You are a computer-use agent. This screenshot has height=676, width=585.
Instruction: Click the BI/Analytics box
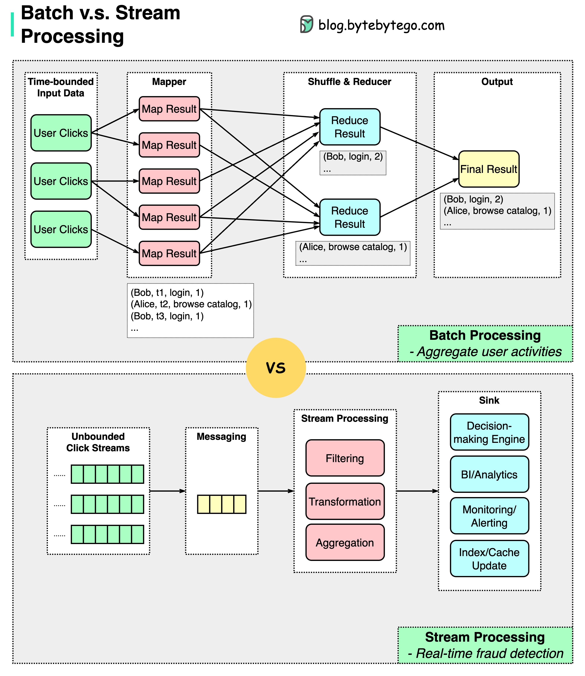[489, 474]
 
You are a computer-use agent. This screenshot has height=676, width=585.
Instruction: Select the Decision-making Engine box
[489, 432]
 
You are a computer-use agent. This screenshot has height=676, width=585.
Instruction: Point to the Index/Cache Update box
[489, 559]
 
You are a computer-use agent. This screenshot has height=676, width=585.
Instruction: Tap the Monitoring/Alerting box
[489, 516]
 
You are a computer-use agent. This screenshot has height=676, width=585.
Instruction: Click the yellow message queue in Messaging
[222, 504]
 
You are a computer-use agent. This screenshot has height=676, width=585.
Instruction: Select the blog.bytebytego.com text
[381, 25]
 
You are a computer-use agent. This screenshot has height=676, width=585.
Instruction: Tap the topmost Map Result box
[169, 109]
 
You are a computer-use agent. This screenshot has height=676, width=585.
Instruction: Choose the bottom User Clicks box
[61, 229]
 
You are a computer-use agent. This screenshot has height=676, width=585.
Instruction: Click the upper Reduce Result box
[350, 127]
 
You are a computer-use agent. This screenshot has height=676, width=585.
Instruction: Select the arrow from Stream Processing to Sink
[417, 491]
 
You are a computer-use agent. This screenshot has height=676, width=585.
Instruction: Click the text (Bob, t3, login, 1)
[167, 316]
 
